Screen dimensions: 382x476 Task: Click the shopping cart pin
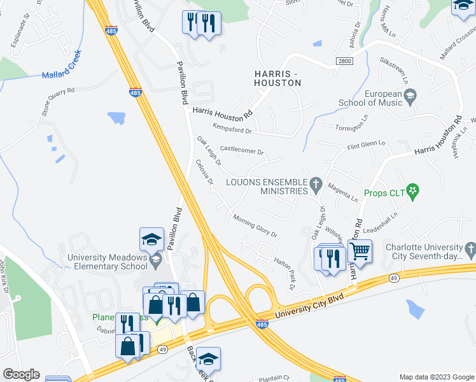(360, 252)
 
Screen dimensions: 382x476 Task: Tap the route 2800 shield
(344, 60)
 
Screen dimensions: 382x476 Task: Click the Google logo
(21, 374)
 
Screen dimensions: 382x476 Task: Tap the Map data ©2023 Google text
(436, 376)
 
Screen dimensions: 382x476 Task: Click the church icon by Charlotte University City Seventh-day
(470, 248)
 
